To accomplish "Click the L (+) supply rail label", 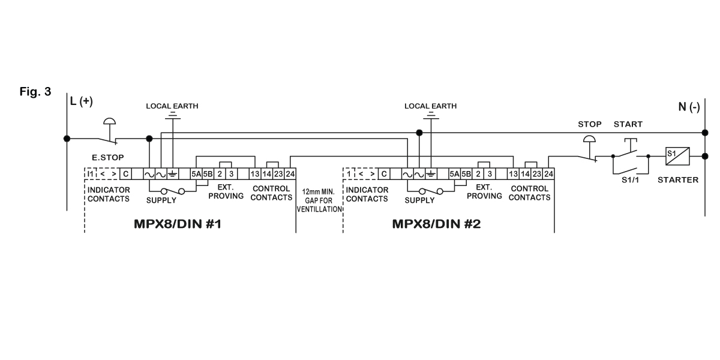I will (82, 102).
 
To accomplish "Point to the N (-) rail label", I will (689, 107).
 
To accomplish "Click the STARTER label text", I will (678, 179).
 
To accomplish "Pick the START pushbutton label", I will (628, 124).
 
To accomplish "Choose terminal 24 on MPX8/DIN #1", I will (290, 174).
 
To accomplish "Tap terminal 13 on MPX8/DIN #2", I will (513, 174).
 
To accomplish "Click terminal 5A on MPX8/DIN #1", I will (196, 174).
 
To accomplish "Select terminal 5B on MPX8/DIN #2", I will (466, 174).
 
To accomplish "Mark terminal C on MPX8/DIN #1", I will (125, 174).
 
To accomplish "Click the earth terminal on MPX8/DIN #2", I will (430, 174).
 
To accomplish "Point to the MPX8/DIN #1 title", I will (178, 225).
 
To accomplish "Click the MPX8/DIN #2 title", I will (437, 225).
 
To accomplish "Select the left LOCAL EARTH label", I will (172, 106).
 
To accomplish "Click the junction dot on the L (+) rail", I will (67, 138).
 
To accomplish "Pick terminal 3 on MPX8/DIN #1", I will (231, 174).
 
